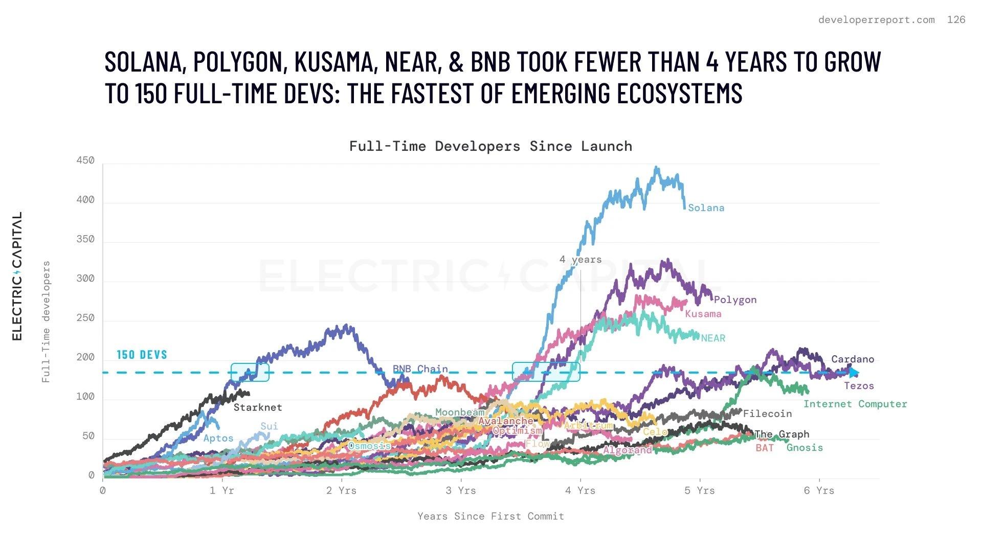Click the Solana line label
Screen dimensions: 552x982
click(x=706, y=208)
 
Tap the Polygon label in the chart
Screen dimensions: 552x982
click(x=735, y=300)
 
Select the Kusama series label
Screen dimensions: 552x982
click(x=703, y=314)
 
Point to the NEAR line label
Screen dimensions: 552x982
click(x=713, y=338)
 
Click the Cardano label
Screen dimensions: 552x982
click(x=853, y=359)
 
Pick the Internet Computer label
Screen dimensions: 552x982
click(x=855, y=404)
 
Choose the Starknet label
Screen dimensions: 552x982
click(x=258, y=407)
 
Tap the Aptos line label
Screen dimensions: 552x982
click(x=218, y=439)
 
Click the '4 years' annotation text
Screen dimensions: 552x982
click(x=581, y=260)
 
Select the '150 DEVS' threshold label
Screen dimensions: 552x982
click(x=142, y=355)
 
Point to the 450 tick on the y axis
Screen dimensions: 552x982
click(x=85, y=160)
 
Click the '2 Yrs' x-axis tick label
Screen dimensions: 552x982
click(x=342, y=491)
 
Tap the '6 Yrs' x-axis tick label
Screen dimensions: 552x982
click(x=819, y=491)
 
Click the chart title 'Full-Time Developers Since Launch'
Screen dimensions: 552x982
click(x=490, y=147)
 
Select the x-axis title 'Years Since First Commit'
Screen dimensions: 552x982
click(x=490, y=516)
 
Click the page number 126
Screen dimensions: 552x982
click(x=956, y=20)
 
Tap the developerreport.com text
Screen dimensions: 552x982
click(x=876, y=20)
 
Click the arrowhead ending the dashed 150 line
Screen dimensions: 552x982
click(x=854, y=373)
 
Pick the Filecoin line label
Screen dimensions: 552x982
click(x=767, y=414)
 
